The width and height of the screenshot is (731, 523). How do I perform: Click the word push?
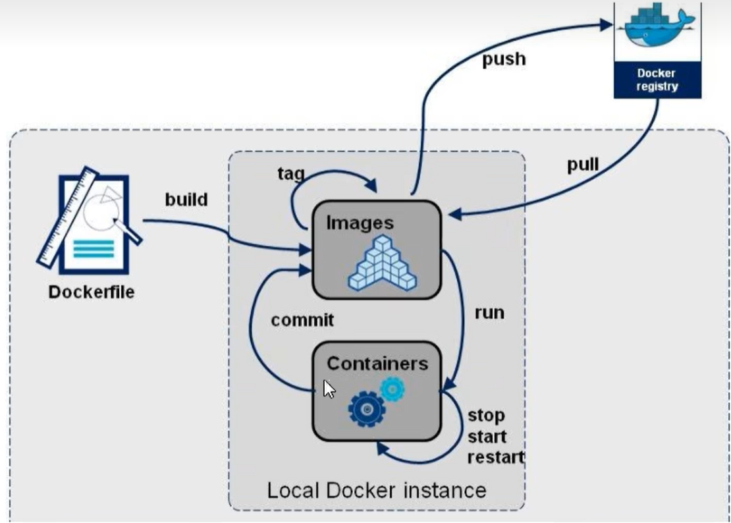click(x=504, y=59)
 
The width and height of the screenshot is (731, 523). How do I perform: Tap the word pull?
click(x=583, y=164)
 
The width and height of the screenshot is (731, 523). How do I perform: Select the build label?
click(x=186, y=199)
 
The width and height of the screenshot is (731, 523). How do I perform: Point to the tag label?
click(x=290, y=173)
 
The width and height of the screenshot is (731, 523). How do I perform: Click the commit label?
click(x=302, y=320)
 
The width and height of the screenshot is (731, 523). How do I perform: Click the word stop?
click(x=486, y=416)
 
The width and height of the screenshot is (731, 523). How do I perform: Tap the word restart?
click(x=495, y=456)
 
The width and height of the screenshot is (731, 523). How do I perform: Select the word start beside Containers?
click(x=487, y=436)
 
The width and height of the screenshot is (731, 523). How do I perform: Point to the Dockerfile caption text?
click(x=91, y=292)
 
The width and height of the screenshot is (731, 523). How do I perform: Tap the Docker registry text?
click(x=657, y=80)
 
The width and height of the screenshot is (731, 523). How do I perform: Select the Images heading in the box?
click(x=360, y=222)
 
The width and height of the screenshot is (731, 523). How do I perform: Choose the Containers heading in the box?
click(x=377, y=363)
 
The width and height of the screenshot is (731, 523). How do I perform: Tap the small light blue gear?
click(x=393, y=389)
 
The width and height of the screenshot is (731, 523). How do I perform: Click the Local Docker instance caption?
click(x=376, y=490)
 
